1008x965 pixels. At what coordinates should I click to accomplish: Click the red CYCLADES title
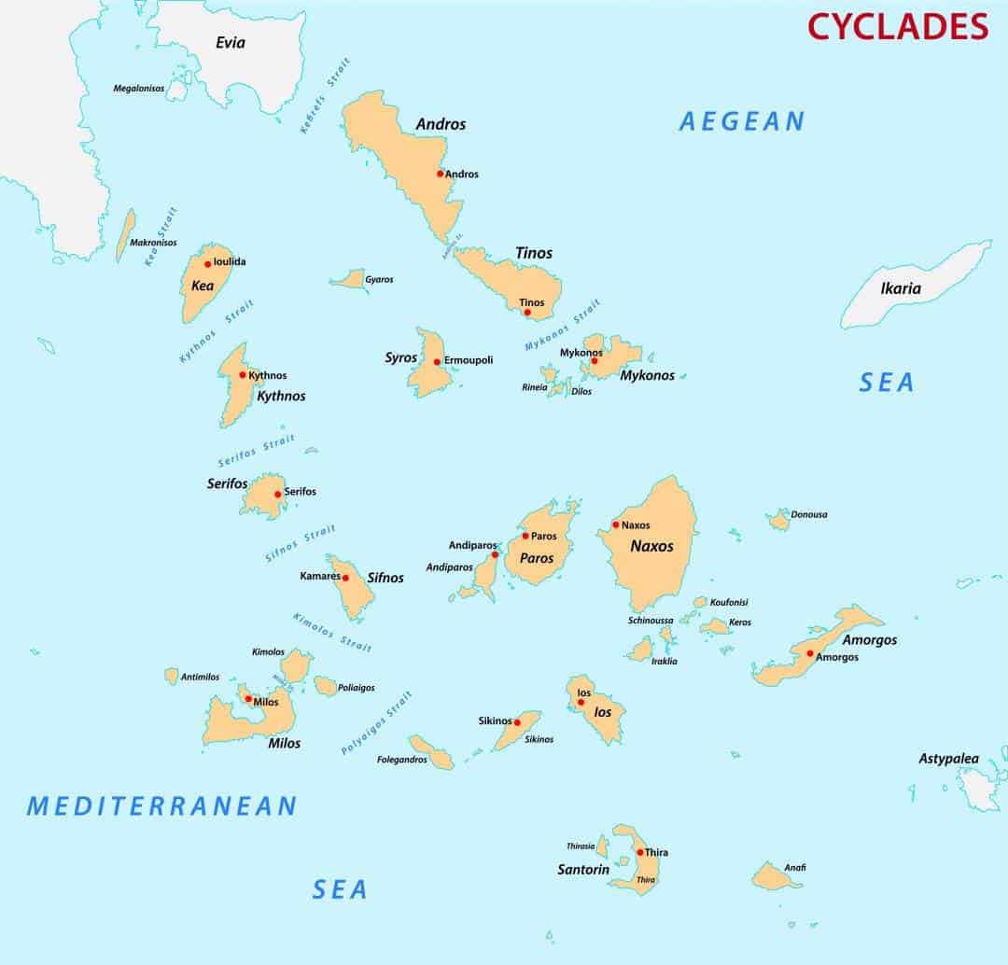(x=897, y=26)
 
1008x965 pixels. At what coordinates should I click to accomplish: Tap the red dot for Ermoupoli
(x=437, y=361)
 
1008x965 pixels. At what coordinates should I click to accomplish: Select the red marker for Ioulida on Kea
(x=208, y=263)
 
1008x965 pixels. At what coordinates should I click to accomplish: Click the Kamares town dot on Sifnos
(x=345, y=578)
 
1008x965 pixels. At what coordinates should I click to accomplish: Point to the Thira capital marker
(x=639, y=852)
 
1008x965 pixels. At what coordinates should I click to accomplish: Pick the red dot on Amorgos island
(x=810, y=653)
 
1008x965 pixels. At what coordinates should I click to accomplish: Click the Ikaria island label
(x=901, y=288)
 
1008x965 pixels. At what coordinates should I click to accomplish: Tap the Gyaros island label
(x=379, y=280)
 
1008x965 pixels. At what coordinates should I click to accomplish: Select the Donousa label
(x=808, y=514)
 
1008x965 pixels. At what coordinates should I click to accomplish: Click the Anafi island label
(x=795, y=868)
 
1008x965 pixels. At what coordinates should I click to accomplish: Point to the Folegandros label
(x=401, y=760)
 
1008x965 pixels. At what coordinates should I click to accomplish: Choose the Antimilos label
(x=200, y=677)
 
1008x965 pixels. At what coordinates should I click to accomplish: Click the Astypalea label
(x=948, y=759)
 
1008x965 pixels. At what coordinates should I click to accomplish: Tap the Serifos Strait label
(x=256, y=451)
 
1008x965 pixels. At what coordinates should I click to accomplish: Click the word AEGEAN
(x=741, y=121)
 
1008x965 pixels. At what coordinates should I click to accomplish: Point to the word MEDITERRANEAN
(x=162, y=805)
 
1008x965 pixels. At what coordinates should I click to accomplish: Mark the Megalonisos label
(x=138, y=89)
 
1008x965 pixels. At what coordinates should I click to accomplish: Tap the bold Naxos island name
(x=651, y=546)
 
